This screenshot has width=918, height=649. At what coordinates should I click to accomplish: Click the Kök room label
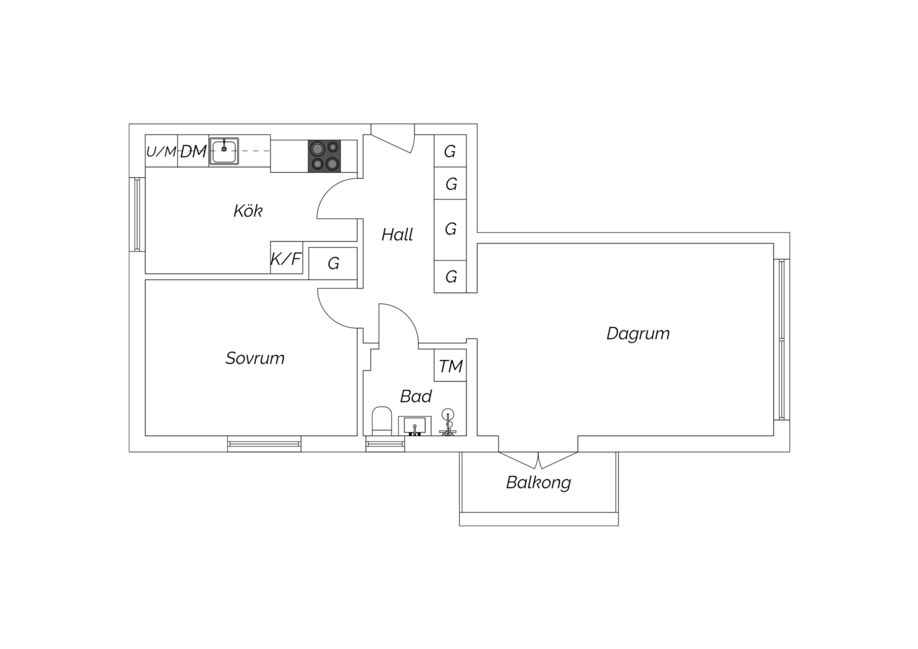click(248, 211)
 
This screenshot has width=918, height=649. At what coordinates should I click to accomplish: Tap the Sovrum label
click(255, 358)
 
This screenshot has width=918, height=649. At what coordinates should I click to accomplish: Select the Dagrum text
click(638, 334)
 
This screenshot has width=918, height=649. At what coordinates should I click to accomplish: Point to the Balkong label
click(538, 483)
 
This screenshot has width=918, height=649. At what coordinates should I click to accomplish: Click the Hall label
click(397, 235)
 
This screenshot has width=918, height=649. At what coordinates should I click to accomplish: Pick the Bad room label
click(416, 396)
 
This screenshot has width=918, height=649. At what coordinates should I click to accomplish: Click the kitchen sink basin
click(224, 151)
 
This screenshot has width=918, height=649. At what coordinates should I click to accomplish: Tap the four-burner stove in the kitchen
click(325, 156)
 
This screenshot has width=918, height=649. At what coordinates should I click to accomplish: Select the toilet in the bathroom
click(382, 421)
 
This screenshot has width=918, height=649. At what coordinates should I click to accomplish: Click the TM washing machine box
click(450, 365)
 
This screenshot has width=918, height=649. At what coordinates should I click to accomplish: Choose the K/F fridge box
click(286, 258)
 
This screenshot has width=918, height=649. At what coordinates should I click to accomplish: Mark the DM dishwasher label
click(193, 152)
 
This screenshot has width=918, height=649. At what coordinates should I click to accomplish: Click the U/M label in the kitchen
click(161, 152)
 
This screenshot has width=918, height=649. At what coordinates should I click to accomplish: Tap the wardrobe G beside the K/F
click(333, 263)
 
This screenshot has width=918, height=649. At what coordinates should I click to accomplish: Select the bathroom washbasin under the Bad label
click(415, 426)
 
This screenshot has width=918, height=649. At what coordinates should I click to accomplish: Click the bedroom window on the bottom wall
click(264, 444)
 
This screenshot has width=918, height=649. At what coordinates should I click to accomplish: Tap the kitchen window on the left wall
click(137, 214)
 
